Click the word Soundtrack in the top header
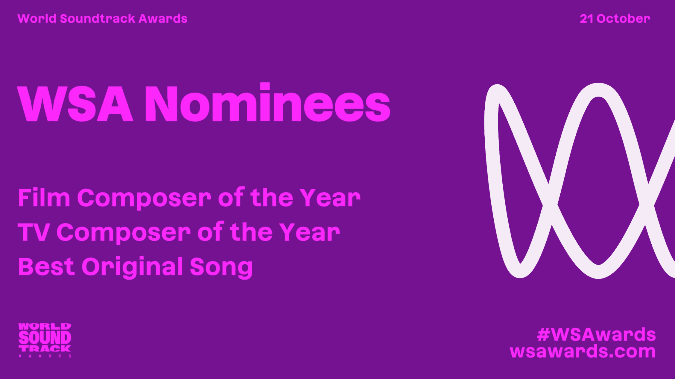tap(98, 19)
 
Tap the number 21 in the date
tap(586, 19)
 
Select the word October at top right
tap(623, 19)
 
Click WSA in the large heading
tap(75, 104)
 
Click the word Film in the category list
tap(44, 197)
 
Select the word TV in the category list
tap(33, 232)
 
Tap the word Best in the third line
tap(46, 266)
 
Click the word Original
tap(132, 267)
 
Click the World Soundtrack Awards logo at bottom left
tap(45, 340)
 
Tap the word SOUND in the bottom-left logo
tap(45, 338)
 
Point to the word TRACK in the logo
tap(45, 348)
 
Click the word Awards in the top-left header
tap(163, 19)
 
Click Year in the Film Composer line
tap(330, 198)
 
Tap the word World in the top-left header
tap(37, 19)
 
